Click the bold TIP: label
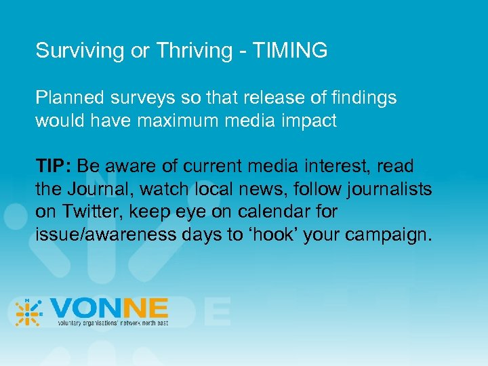click(x=56, y=166)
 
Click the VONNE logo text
click(x=108, y=309)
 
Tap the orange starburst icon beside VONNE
click(x=28, y=312)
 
